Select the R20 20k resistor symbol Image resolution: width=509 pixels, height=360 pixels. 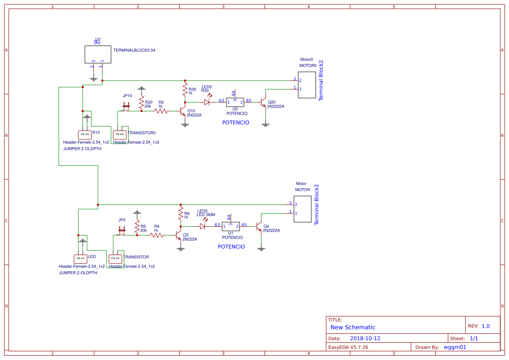[x=141, y=103]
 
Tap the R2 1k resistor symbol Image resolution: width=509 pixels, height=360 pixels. [x=161, y=111]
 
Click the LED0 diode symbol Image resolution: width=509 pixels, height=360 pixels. [x=207, y=102]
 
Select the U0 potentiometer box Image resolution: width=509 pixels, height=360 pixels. [x=235, y=102]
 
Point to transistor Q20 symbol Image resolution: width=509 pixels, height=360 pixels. [x=263, y=102]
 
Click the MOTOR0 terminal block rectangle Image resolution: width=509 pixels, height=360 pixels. [x=307, y=85]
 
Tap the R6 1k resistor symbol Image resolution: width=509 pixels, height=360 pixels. [x=180, y=213]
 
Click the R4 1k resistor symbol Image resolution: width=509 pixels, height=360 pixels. [x=157, y=235]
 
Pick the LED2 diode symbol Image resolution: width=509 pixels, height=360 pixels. [x=202, y=226]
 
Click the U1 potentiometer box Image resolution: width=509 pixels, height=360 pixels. [x=230, y=226]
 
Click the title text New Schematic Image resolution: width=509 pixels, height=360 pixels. [x=353, y=327]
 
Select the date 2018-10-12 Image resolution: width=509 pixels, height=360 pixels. [x=365, y=338]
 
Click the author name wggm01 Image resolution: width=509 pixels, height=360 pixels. [x=455, y=347]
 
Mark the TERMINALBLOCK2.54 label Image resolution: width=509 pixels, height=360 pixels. [x=134, y=50]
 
